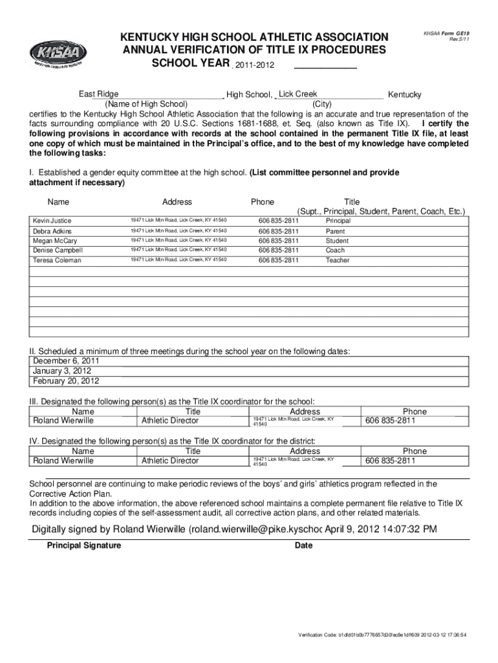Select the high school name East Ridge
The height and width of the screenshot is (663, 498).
pyautogui.click(x=98, y=95)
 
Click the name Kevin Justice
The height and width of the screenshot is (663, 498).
pyautogui.click(x=52, y=221)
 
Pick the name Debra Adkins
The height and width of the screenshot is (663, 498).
pyautogui.click(x=52, y=231)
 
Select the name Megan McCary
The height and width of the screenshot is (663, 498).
pyautogui.click(x=54, y=241)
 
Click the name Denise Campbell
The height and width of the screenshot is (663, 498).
pyautogui.click(x=58, y=250)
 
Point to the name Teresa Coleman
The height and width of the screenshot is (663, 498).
pyautogui.click(x=57, y=260)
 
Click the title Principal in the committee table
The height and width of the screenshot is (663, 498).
pyautogui.click(x=338, y=221)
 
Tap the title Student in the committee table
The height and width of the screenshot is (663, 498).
pyautogui.click(x=337, y=241)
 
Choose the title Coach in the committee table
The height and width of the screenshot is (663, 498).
pyautogui.click(x=335, y=250)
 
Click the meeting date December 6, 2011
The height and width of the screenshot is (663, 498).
pyautogui.click(x=66, y=361)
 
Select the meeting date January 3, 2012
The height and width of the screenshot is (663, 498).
pyautogui.click(x=61, y=371)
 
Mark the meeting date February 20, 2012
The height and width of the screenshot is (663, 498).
pyautogui.click(x=66, y=381)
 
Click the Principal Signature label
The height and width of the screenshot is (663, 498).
pyautogui.click(x=83, y=545)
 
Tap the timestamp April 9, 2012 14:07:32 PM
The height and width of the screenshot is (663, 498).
pyautogui.click(x=381, y=530)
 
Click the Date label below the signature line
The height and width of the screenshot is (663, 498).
pyautogui.click(x=303, y=545)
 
